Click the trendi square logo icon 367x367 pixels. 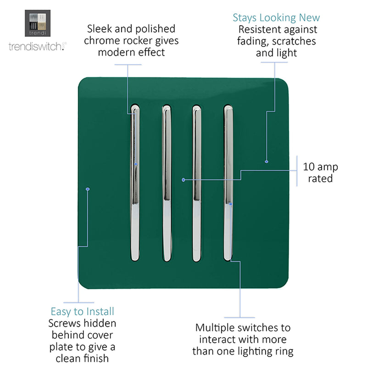38,23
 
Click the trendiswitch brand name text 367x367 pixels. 38,46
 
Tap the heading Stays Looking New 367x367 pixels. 276,18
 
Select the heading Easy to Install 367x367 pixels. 83,311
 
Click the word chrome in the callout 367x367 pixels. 102,41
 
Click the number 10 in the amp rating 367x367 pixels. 309,167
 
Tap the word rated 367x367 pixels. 320,178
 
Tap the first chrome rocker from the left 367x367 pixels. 135,183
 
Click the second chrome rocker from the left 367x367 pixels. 167,183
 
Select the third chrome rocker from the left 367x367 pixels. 197,183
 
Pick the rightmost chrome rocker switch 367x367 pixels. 228,183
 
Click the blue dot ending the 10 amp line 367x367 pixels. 183,180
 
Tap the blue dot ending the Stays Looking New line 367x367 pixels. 267,161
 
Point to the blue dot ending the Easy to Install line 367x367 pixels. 88,189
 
